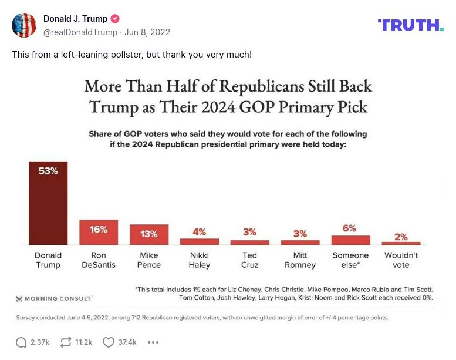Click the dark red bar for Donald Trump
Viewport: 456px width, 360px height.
click(48, 203)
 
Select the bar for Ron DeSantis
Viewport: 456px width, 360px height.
click(99, 232)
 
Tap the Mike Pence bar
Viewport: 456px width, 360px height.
click(149, 234)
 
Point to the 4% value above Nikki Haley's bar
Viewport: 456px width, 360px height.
click(199, 232)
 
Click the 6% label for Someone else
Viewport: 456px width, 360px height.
click(350, 228)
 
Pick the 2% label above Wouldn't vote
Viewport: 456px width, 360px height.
click(401, 237)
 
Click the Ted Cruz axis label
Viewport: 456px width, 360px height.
click(249, 260)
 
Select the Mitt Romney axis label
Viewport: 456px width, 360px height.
click(300, 260)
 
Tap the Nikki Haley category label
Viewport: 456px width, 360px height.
click(199, 260)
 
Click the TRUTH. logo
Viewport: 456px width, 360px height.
click(410, 25)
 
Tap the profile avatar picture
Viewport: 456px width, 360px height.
click(24, 25)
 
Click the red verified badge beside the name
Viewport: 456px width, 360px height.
click(115, 19)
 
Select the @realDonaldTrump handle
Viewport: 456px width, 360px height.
click(80, 32)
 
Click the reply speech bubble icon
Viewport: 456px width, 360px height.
click(21, 342)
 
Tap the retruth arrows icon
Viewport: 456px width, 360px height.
click(66, 342)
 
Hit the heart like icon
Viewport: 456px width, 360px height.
click(109, 342)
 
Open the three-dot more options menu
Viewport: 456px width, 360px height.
click(153, 342)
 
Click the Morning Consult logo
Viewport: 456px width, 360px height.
click(54, 298)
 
